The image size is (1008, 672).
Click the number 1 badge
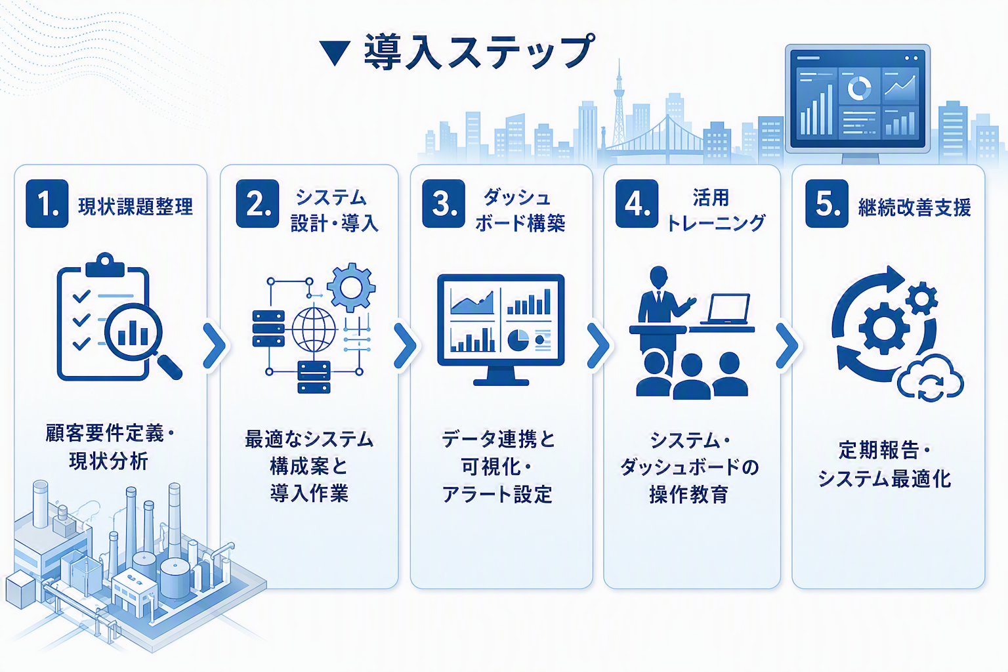(47, 203)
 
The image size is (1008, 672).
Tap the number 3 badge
(443, 203)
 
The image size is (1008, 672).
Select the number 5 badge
(827, 203)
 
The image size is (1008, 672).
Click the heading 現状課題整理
(135, 207)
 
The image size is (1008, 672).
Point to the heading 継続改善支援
(914, 207)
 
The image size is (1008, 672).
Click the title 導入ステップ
(479, 52)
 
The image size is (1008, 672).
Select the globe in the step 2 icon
(314, 329)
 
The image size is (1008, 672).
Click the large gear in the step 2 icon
(351, 287)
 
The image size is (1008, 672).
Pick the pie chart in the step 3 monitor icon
(518, 340)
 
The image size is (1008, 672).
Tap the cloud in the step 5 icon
(930, 379)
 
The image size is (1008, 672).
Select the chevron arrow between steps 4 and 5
(787, 345)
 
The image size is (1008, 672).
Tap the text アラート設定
(497, 494)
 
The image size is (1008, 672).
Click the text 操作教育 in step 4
(689, 494)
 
